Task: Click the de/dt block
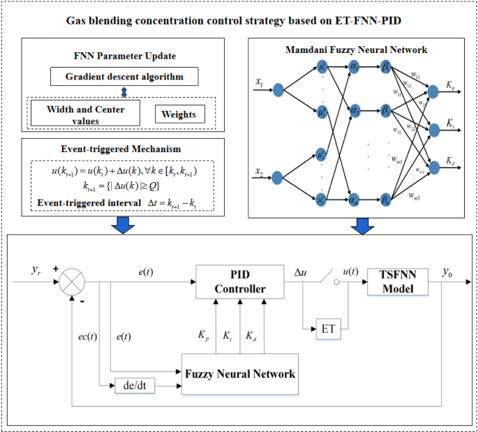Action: pos(135,385)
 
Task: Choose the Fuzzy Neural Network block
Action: pos(240,373)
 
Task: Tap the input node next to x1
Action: pos(278,90)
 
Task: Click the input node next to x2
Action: pos(278,177)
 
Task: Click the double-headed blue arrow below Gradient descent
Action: pos(124,91)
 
